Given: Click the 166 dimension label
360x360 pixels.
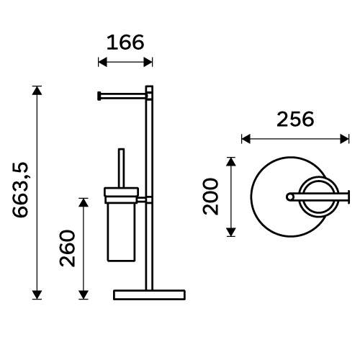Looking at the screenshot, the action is (125, 42).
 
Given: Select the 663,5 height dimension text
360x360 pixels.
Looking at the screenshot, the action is (21, 190).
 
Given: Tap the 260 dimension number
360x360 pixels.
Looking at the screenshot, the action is (68, 248).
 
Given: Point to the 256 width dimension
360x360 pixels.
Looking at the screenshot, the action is (295, 120).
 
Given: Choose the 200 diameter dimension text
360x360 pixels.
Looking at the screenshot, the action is (211, 197).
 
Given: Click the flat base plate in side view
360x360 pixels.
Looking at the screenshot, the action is (149, 295).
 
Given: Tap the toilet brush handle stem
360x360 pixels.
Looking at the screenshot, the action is (122, 168).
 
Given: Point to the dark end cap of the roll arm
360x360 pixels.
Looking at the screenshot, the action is (99, 96).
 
